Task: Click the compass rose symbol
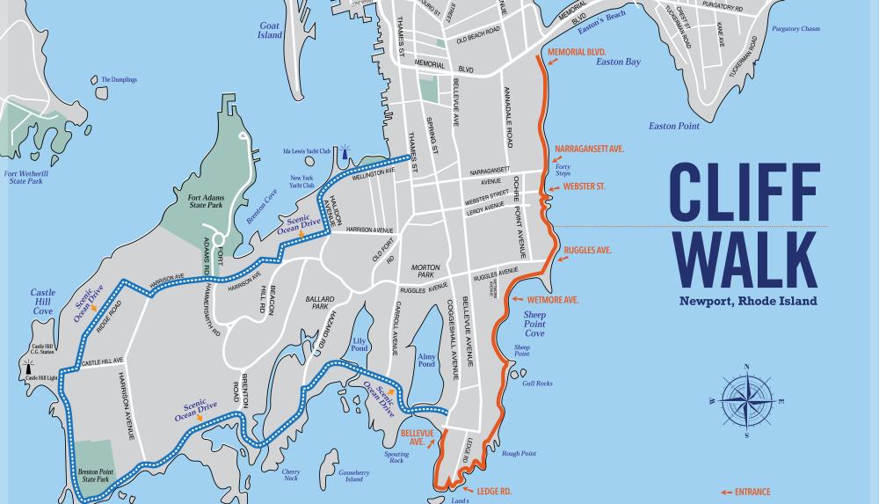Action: click(746, 399)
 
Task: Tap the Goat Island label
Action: click(270, 31)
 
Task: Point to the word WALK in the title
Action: click(744, 259)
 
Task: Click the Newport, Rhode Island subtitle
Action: click(747, 301)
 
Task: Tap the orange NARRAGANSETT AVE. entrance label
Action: click(589, 150)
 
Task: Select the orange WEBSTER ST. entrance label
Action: click(585, 186)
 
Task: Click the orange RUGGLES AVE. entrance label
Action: click(587, 251)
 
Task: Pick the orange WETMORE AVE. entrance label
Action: click(553, 300)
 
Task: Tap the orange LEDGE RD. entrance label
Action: click(494, 490)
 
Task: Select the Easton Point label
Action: click(674, 126)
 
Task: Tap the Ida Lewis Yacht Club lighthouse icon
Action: click(345, 151)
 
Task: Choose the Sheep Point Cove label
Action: click(534, 323)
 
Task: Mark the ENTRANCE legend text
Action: click(752, 492)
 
